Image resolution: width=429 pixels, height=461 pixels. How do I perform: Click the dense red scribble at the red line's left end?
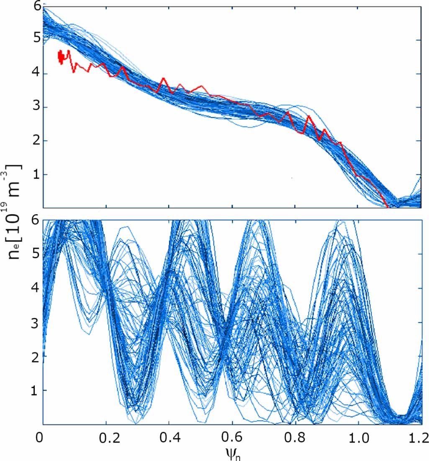[61, 57]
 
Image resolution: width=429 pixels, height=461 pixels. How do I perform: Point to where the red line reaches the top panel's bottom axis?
[387, 206]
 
